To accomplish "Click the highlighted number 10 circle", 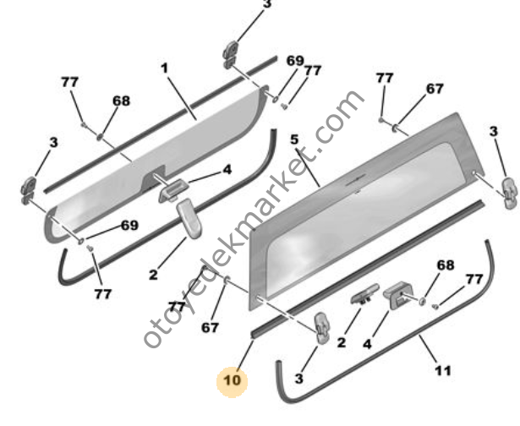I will point(233,381).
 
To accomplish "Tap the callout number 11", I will point(442,370).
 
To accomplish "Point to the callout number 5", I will point(294,139).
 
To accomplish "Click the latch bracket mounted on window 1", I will point(170,190).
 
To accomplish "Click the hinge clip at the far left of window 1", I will point(29,189).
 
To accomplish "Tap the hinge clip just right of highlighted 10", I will point(322,326).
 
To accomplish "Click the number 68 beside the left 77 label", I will point(121,101).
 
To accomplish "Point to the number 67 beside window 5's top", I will point(434,88).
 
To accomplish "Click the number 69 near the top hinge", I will point(294,61).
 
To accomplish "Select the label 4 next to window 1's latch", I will point(227,169).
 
